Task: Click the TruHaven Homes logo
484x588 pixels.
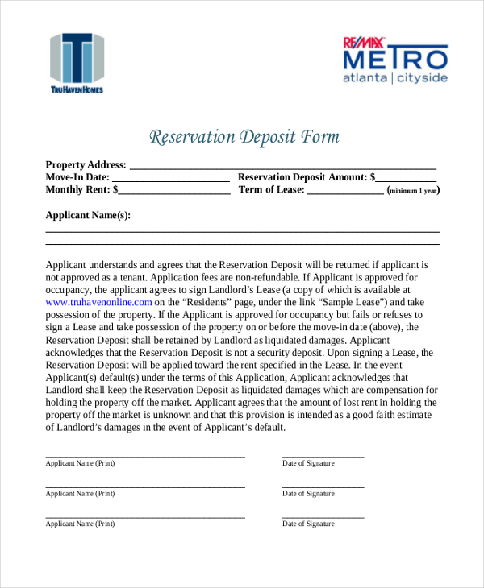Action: pyautogui.click(x=77, y=63)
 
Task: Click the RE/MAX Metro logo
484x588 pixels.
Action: pyautogui.click(x=394, y=59)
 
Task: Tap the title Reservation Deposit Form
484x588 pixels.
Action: pyautogui.click(x=244, y=137)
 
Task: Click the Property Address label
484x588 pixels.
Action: pyautogui.click(x=86, y=164)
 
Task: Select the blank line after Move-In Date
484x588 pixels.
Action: pyautogui.click(x=170, y=178)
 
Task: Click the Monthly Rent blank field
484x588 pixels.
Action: pyautogui.click(x=174, y=191)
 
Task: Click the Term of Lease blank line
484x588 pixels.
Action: pyautogui.click(x=345, y=191)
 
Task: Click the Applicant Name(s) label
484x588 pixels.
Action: pyautogui.click(x=88, y=215)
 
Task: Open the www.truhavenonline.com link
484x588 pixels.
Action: pyautogui.click(x=99, y=302)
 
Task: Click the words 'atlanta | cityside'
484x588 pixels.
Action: pyautogui.click(x=394, y=79)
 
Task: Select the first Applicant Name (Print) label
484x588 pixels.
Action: pyautogui.click(x=80, y=463)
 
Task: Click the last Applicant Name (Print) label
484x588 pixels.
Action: pyautogui.click(x=80, y=524)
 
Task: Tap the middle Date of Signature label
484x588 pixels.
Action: pyautogui.click(x=308, y=493)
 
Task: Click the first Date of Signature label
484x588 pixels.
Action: pyautogui.click(x=308, y=463)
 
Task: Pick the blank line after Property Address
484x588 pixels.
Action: pyautogui.click(x=282, y=166)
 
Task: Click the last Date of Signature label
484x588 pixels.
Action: pyautogui.click(x=308, y=524)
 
